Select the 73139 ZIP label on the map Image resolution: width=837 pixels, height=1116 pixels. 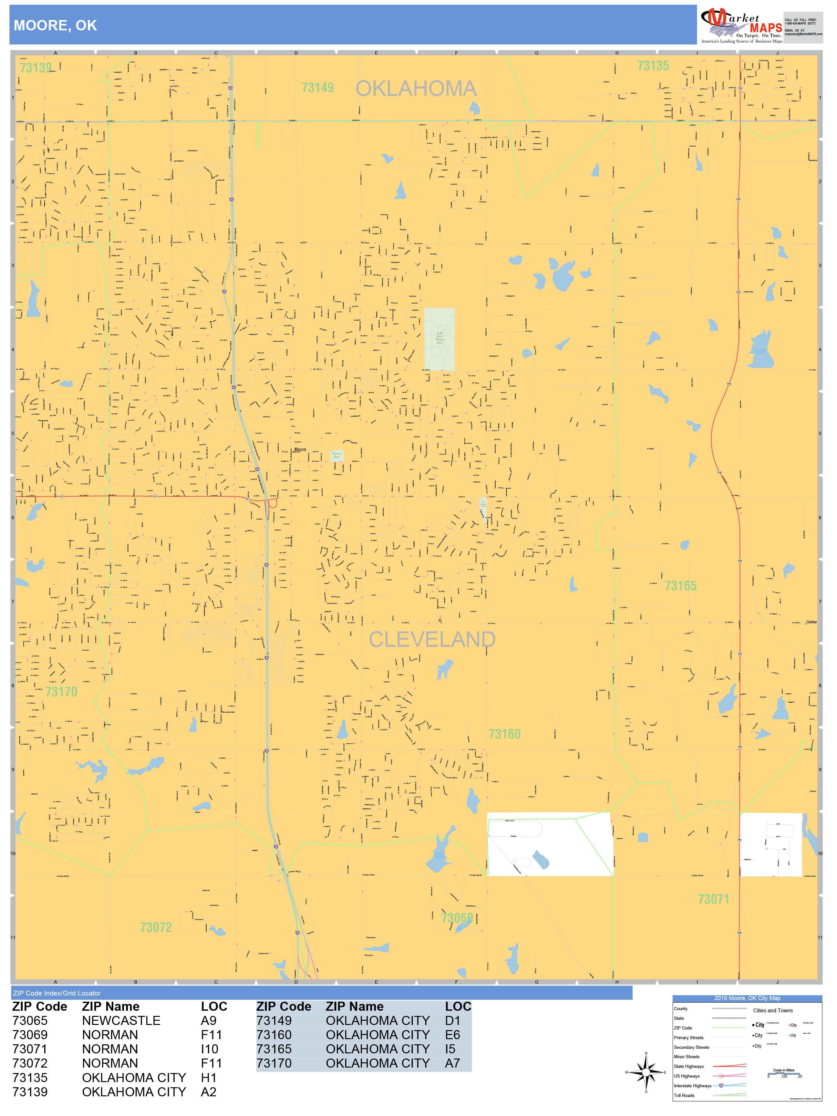pos(35,68)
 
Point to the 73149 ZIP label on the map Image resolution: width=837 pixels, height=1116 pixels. pos(317,88)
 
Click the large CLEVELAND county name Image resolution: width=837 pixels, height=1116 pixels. pos(432,639)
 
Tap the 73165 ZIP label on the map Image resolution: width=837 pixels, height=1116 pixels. pos(680,586)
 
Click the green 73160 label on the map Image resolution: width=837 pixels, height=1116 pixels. pos(504,734)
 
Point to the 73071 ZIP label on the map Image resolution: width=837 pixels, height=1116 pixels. pos(713,899)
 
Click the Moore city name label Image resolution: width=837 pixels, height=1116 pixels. pos(300,449)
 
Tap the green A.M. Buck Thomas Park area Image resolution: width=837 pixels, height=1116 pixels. pos(439,339)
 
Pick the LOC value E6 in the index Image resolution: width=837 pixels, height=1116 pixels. pos(452,1035)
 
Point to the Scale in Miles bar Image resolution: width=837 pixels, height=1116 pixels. pos(783,1074)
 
